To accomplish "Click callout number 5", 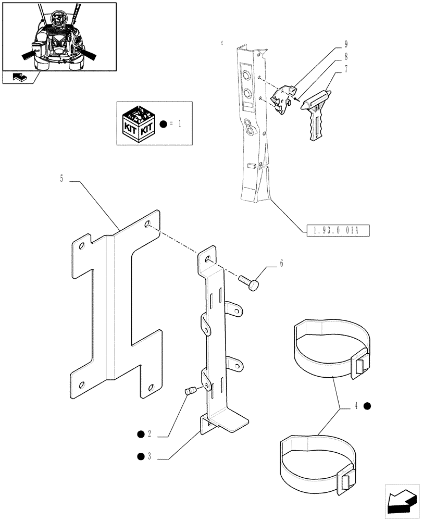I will pos(61,179).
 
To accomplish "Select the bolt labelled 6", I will pos(250,284).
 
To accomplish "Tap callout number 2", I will pos(149,433).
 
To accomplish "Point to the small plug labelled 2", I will pos(190,390).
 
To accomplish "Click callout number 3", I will pos(149,457).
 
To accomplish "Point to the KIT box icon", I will pos(139,124).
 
